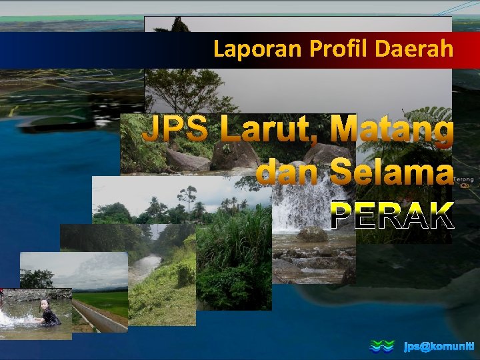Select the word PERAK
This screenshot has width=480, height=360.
pyautogui.click(x=392, y=215)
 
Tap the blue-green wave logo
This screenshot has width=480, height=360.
pyautogui.click(x=383, y=346)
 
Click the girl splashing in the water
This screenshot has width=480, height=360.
pyautogui.click(x=47, y=313)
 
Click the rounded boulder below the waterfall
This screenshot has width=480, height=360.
pyautogui.click(x=311, y=234)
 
